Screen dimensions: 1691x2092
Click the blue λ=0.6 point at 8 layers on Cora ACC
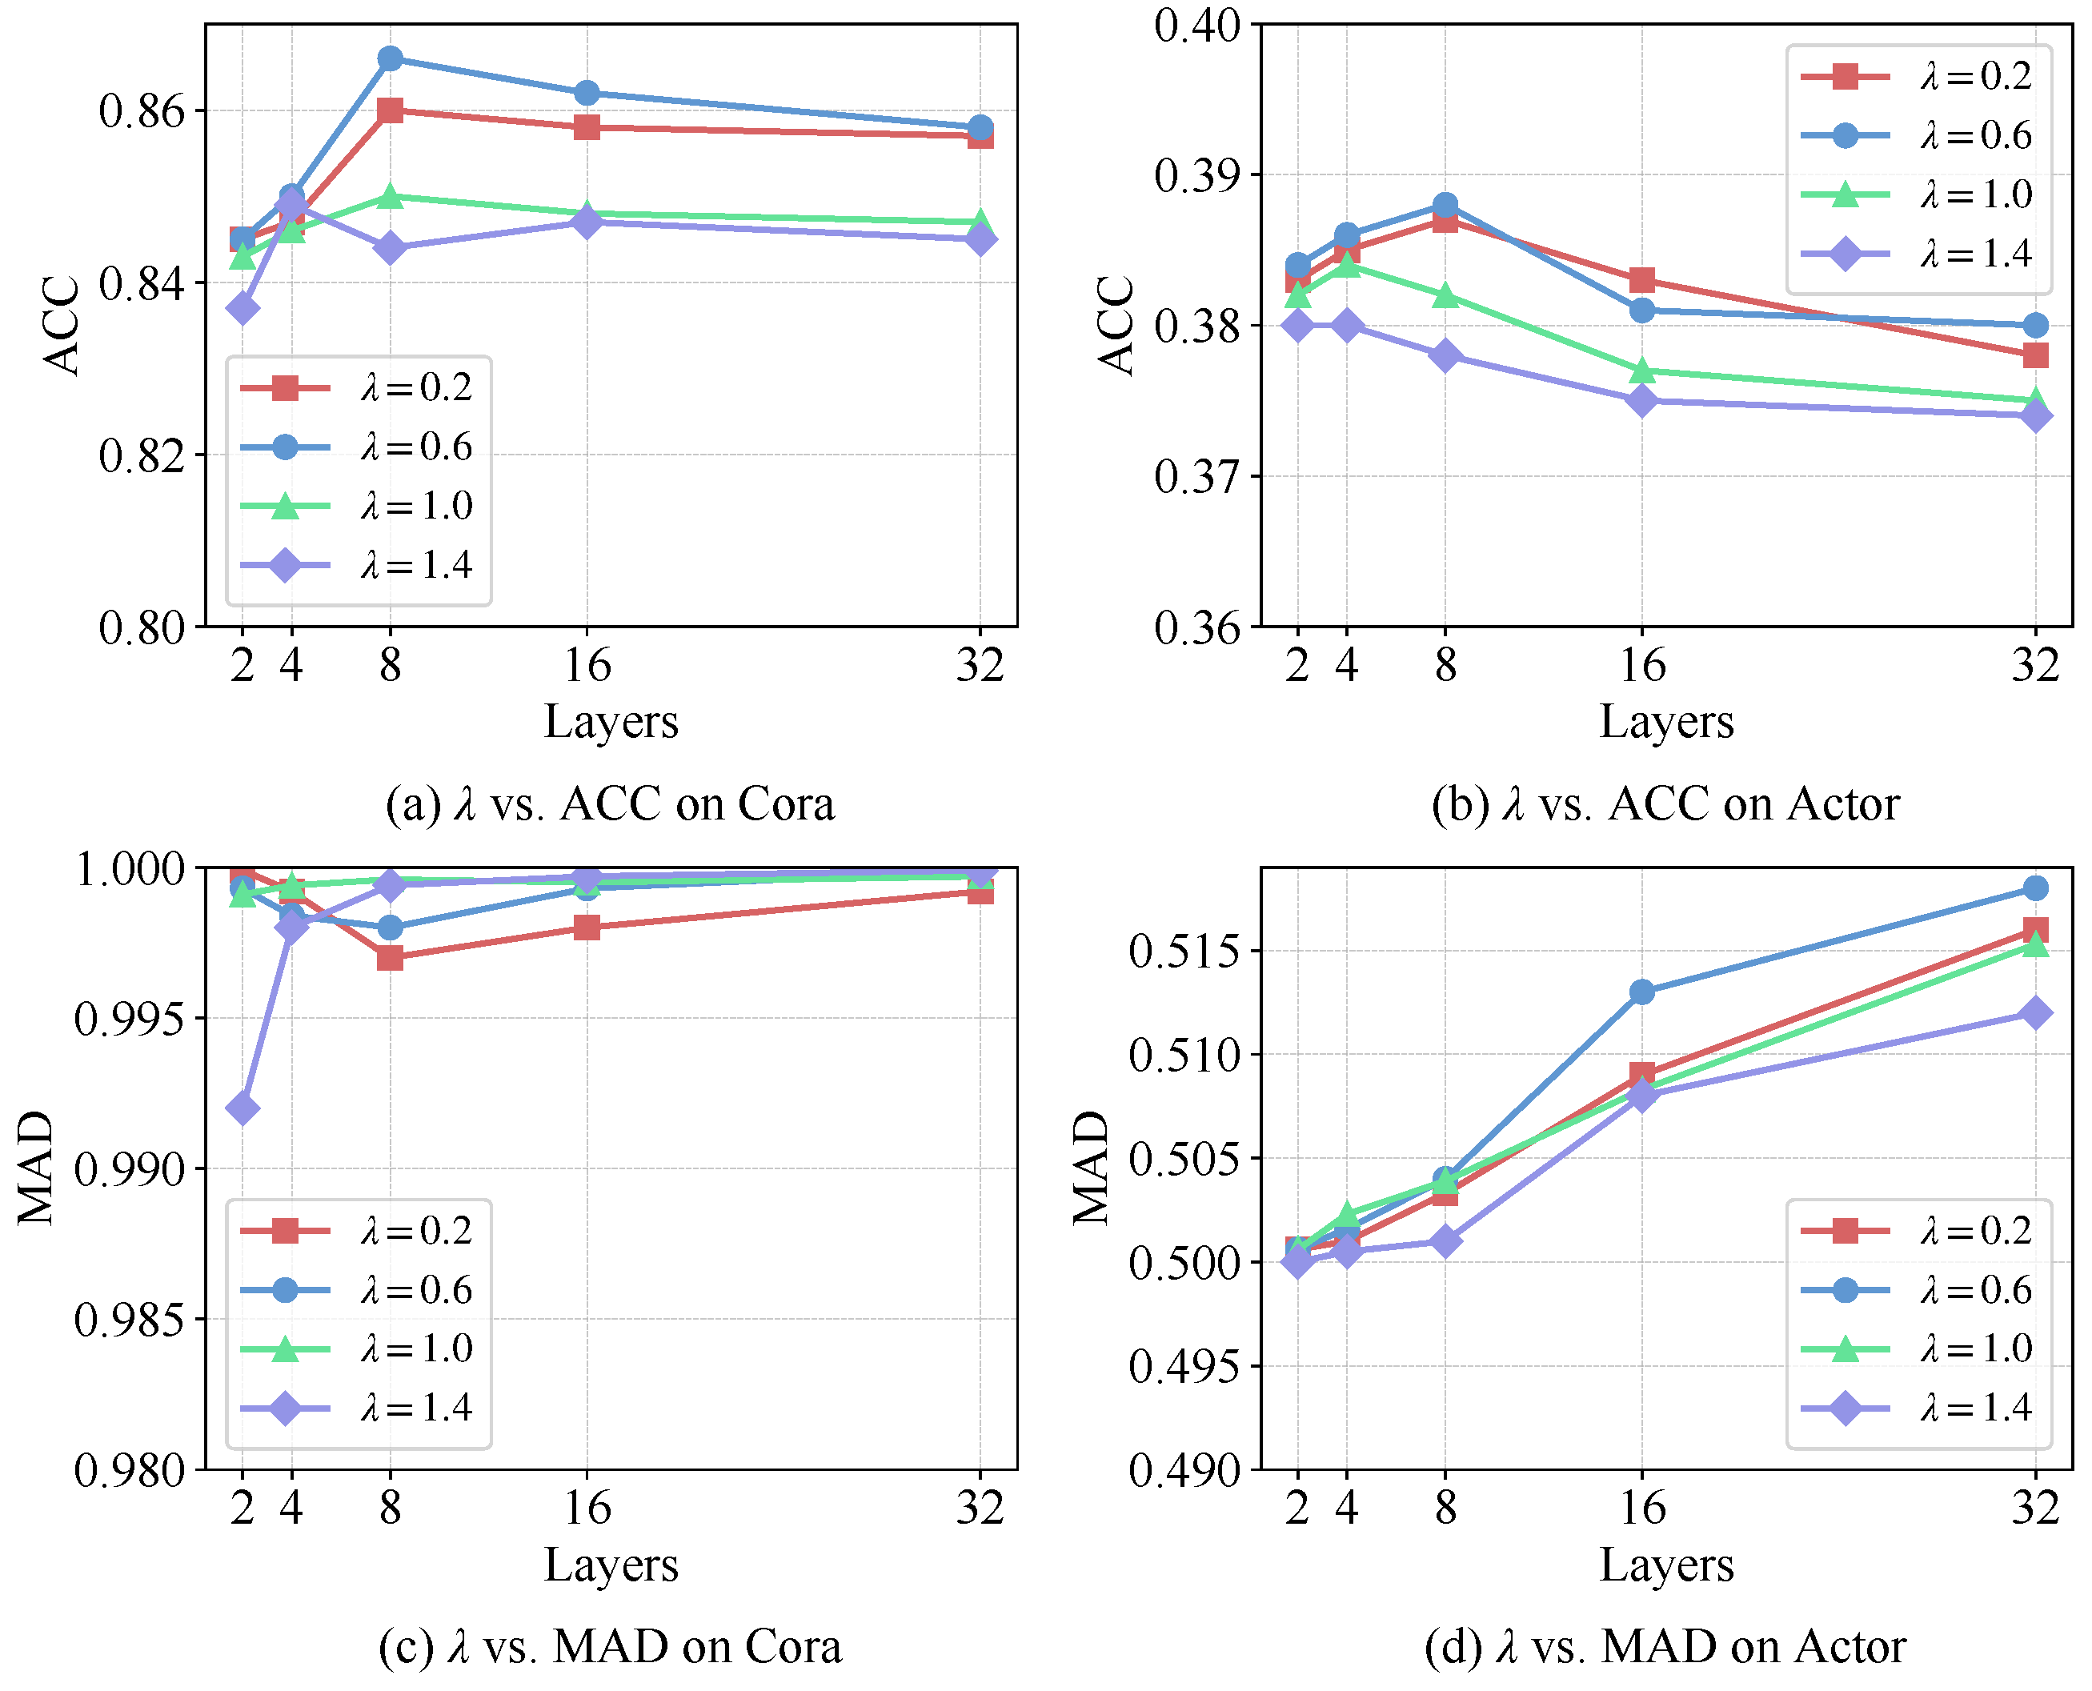pyautogui.click(x=390, y=58)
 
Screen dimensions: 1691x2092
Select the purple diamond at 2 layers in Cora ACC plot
pyautogui.click(x=242, y=309)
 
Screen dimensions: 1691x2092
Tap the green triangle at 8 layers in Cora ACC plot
pyautogui.click(x=390, y=196)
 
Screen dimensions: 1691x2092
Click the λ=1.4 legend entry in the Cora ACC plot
pyautogui.click(x=356, y=565)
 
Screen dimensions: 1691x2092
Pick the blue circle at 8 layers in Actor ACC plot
pyautogui.click(x=1445, y=206)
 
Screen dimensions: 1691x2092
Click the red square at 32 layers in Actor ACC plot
pyautogui.click(x=2034, y=355)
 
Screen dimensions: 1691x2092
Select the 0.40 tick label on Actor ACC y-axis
pyautogui.click(x=1197, y=26)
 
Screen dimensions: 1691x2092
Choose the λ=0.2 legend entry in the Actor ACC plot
pyautogui.click(x=1917, y=76)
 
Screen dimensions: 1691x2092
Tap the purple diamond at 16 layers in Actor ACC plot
pyautogui.click(x=1642, y=400)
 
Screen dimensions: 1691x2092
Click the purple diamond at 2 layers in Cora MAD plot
pyautogui.click(x=242, y=1108)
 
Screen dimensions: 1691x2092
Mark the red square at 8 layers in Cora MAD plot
pyautogui.click(x=390, y=959)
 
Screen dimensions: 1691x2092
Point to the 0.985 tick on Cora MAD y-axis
pyautogui.click(x=130, y=1320)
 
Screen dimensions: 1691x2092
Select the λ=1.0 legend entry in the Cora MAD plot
pyautogui.click(x=356, y=1349)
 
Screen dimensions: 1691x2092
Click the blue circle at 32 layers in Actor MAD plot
pyautogui.click(x=2034, y=888)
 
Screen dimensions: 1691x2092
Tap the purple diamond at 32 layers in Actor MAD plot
pyautogui.click(x=2034, y=1013)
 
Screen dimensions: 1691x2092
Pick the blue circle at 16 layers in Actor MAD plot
pyautogui.click(x=1642, y=992)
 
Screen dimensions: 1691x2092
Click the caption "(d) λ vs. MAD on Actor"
pyautogui.click(x=1665, y=1647)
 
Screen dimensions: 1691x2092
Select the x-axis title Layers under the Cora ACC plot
pyautogui.click(x=611, y=722)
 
